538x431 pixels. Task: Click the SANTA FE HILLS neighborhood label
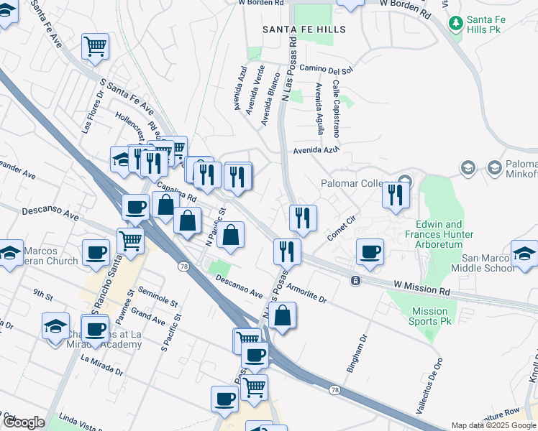[x=304, y=29]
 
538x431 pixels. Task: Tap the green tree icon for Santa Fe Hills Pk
[x=455, y=24]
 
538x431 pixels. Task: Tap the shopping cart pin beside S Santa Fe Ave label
[x=95, y=47]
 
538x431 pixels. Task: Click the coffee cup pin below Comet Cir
[x=370, y=251]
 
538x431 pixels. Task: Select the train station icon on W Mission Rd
[x=355, y=280]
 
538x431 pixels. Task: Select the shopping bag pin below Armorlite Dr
[x=283, y=315]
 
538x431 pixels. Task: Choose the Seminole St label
[x=158, y=298]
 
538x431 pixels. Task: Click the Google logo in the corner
[x=24, y=422]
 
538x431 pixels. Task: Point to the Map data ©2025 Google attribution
[x=493, y=425]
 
